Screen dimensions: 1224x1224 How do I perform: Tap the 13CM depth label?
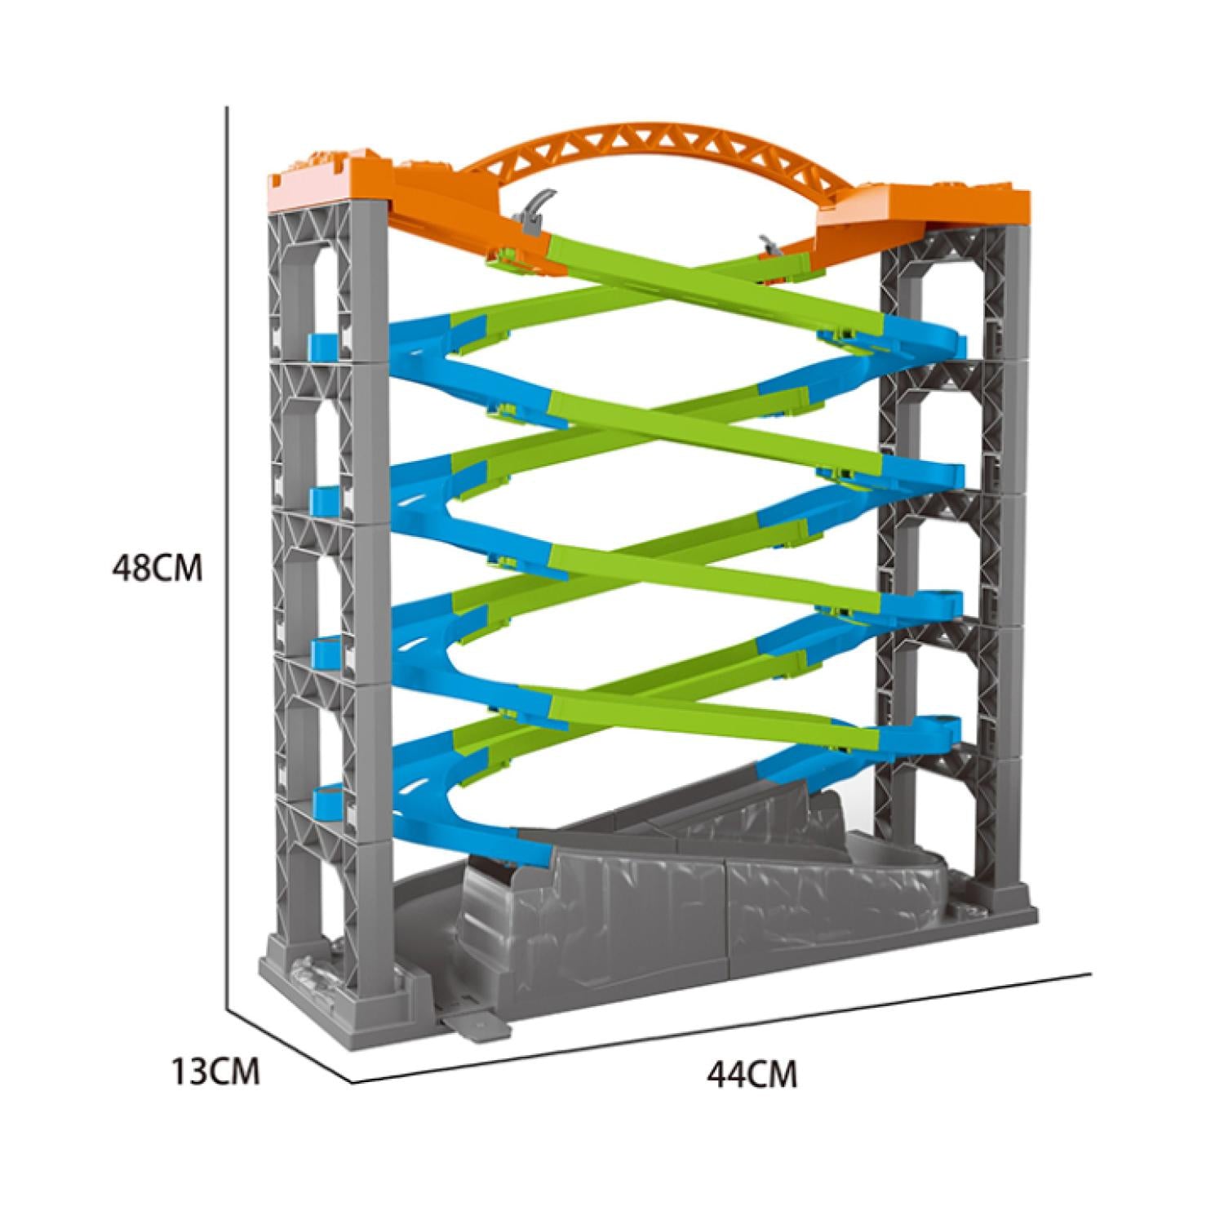click(215, 1071)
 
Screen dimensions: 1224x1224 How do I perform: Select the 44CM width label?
click(752, 1074)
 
